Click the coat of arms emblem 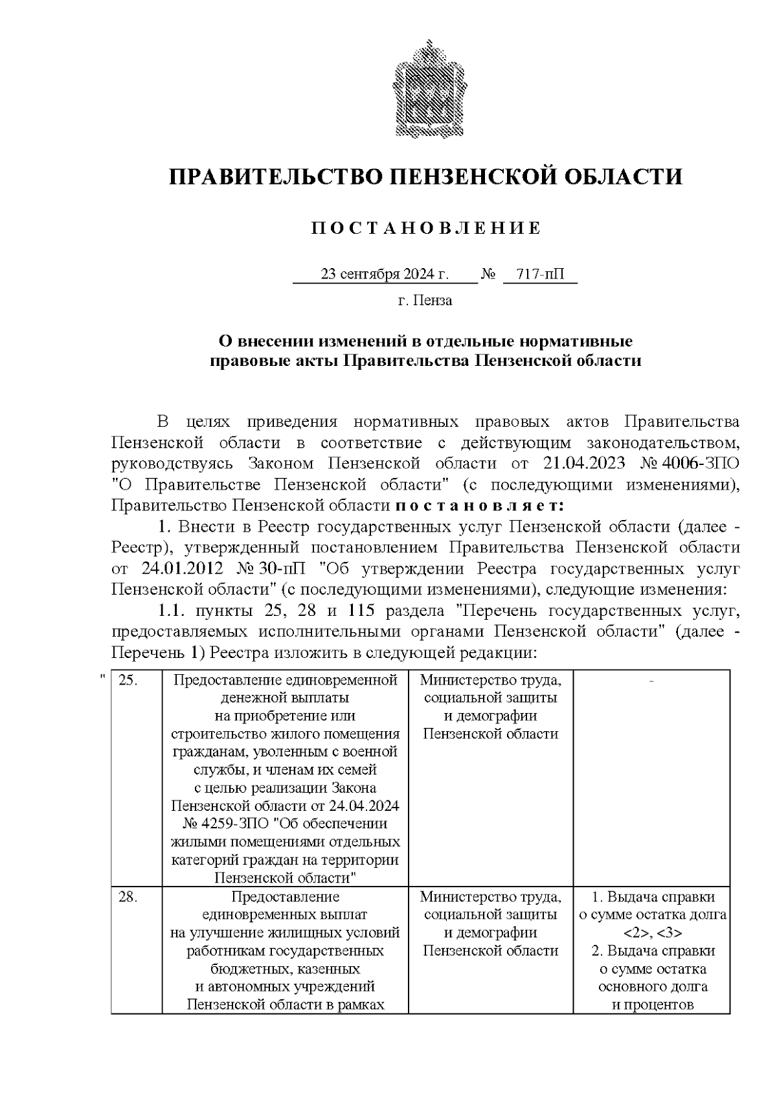point(426,91)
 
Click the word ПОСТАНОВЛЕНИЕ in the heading point(425,229)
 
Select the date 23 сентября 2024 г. point(385,275)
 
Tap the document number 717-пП point(540,275)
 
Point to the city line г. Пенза point(425,300)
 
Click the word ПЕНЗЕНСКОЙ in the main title point(463,177)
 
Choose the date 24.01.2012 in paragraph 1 point(181,569)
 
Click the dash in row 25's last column point(652,680)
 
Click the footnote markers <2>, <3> point(652,933)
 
